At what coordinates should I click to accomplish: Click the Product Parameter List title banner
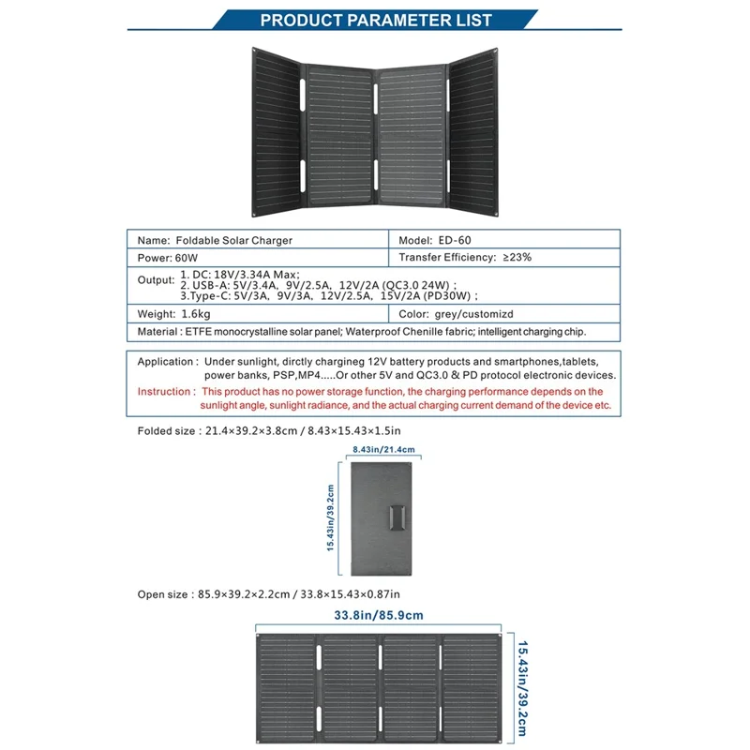point(375,20)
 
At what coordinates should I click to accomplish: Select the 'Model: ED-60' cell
point(441,240)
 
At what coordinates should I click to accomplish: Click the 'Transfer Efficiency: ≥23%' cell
point(465,257)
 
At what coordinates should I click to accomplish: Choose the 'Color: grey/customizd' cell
point(465,314)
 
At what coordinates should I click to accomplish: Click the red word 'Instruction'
point(164,391)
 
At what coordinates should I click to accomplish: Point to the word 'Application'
point(167,361)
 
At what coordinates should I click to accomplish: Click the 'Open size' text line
point(269,593)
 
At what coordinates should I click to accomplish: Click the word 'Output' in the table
point(156,279)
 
